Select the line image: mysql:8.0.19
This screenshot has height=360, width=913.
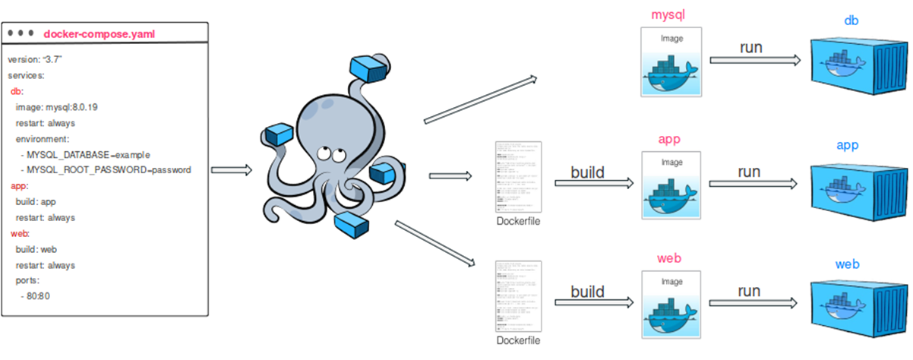pyautogui.click(x=56, y=107)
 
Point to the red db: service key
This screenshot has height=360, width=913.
pyautogui.click(x=17, y=91)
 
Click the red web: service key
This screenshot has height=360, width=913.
pyautogui.click(x=20, y=233)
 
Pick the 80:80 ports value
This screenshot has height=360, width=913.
pyautogui.click(x=38, y=296)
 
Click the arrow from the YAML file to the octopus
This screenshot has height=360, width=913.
pyautogui.click(x=231, y=169)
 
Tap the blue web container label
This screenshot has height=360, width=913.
pyautogui.click(x=847, y=264)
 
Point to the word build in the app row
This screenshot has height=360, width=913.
pyautogui.click(x=588, y=172)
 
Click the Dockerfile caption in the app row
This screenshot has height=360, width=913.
pyautogui.click(x=519, y=222)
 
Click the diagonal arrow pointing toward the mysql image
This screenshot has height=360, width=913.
pyautogui.click(x=480, y=99)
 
